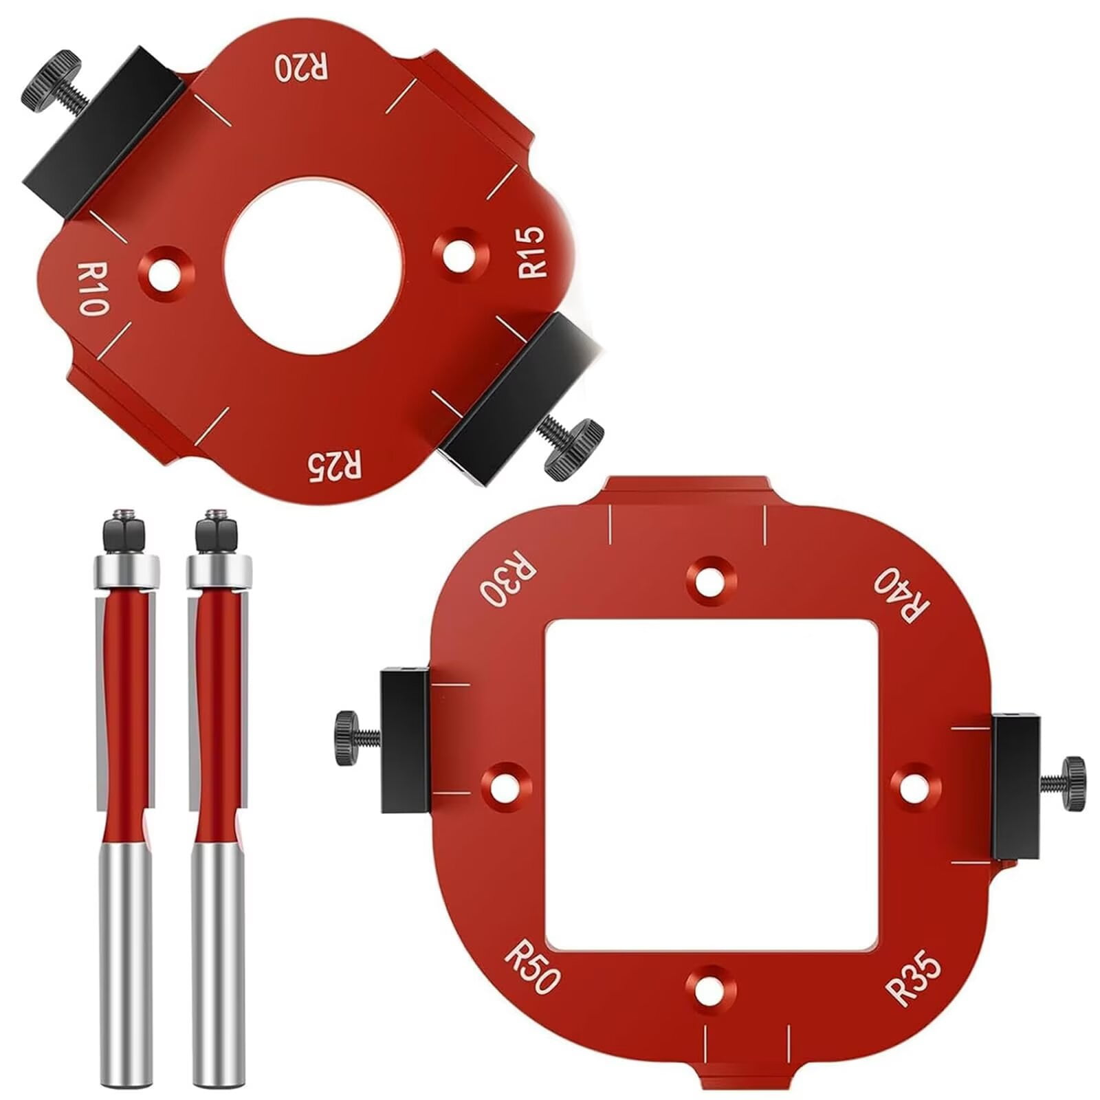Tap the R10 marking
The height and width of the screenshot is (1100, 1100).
pos(91,287)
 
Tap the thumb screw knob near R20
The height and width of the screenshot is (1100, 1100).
pos(49,75)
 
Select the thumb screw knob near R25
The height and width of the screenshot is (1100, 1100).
pos(573,448)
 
